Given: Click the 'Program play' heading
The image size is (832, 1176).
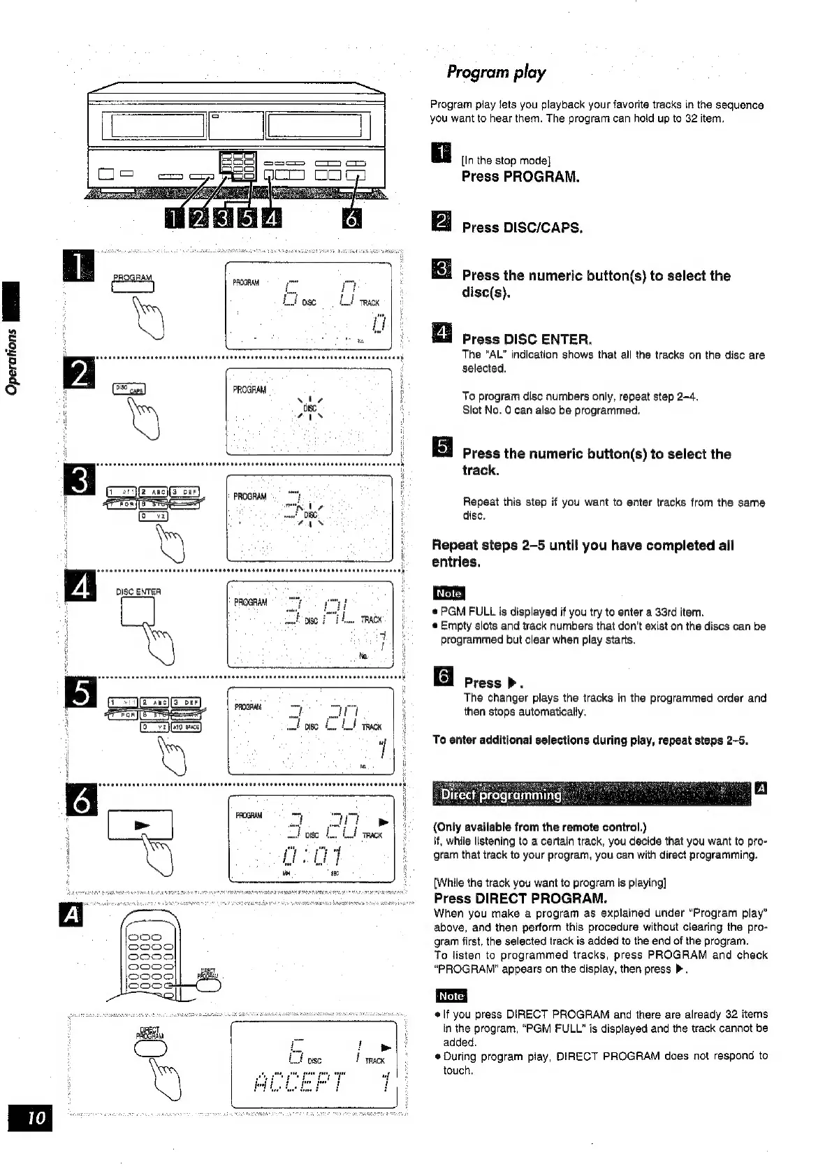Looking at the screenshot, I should click(x=496, y=73).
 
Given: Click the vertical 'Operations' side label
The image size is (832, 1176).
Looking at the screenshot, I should click(x=13, y=364).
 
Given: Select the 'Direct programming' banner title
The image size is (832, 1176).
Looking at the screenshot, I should click(x=501, y=794).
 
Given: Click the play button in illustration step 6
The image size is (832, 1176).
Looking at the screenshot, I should click(x=140, y=825).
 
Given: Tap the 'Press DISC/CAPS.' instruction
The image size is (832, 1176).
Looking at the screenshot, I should click(x=522, y=228).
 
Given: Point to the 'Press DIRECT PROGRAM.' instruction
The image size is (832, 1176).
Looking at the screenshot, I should click(x=520, y=898).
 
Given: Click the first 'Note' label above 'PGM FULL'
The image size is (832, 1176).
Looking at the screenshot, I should click(x=448, y=593).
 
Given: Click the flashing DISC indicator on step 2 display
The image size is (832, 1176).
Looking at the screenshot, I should click(x=309, y=407).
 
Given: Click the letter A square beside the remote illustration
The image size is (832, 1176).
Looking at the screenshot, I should click(x=72, y=914).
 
